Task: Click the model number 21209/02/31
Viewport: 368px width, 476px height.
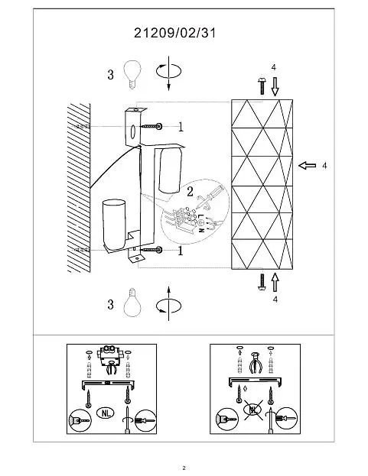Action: [x=174, y=33]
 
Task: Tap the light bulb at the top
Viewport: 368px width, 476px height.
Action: [x=132, y=74]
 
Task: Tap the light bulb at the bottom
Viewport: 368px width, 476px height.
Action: [x=132, y=303]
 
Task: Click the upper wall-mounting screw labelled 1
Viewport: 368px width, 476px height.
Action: [x=151, y=126]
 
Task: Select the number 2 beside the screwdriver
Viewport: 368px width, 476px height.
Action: [x=190, y=192]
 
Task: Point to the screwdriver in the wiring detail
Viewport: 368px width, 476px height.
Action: [x=210, y=197]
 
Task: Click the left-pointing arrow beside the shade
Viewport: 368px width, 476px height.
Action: [x=307, y=166]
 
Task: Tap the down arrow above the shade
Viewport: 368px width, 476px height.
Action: [x=275, y=86]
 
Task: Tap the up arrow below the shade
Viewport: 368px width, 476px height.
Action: [x=275, y=282]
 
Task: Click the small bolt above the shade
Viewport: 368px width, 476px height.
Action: [x=262, y=86]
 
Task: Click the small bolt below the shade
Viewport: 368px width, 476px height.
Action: [x=262, y=281]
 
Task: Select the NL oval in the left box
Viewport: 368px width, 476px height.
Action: [x=106, y=413]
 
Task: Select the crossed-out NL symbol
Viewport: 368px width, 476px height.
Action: [x=253, y=410]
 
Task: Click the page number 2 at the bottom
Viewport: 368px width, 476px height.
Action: [x=184, y=468]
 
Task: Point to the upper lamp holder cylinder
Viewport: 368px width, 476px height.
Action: [x=171, y=170]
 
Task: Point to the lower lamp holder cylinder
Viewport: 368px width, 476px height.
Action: [x=114, y=224]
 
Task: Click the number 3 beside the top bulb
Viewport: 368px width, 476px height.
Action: [x=111, y=74]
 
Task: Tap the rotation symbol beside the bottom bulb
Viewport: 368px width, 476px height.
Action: [x=168, y=303]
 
